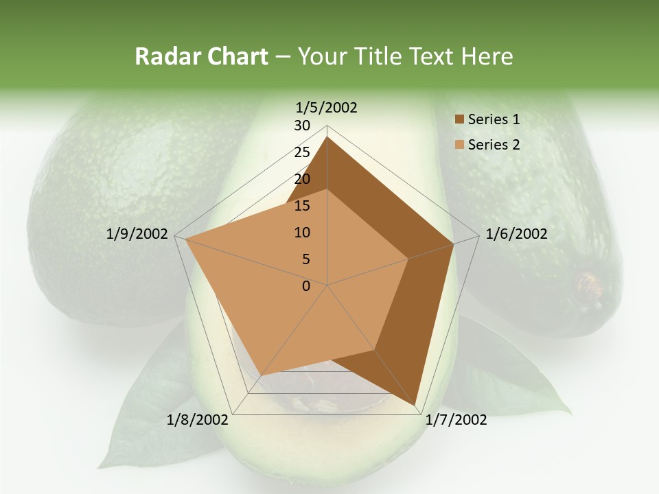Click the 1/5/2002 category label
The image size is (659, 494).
coord(326,108)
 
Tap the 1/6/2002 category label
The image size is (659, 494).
coord(516,234)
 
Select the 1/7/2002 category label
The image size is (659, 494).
coord(456,420)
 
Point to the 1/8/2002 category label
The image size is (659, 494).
coord(198,420)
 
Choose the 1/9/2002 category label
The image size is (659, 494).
coord(137,234)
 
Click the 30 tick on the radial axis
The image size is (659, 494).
coord(302,126)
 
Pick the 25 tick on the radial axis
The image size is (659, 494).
coord(302,152)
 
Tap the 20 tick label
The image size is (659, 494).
coord(302,179)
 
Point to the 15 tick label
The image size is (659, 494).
coord(302,206)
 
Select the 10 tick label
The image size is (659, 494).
coord(302,233)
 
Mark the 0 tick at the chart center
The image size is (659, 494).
coord(306,286)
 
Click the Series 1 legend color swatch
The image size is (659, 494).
coord(459,120)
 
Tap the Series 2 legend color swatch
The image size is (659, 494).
coord(459,145)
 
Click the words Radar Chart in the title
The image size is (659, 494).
coord(201,57)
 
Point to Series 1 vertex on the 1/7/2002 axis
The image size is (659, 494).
coord(416,405)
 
